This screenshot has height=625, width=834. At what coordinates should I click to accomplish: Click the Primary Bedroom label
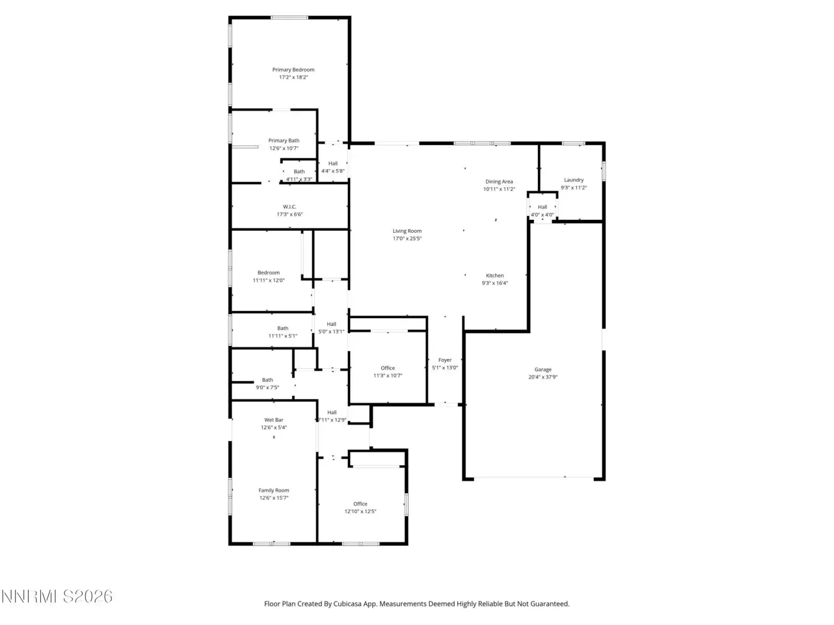click(293, 70)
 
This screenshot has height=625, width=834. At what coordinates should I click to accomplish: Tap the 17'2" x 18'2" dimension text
click(293, 78)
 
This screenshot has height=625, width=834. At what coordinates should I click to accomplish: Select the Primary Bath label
click(284, 141)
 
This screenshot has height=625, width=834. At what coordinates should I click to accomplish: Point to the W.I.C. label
click(289, 207)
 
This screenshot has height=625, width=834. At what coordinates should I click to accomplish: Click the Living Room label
click(407, 231)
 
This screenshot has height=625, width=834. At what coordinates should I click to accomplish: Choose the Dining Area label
click(499, 182)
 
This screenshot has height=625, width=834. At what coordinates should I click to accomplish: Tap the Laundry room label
click(573, 180)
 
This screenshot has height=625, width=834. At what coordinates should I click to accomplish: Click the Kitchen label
click(495, 276)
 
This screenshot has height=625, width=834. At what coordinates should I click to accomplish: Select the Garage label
click(543, 370)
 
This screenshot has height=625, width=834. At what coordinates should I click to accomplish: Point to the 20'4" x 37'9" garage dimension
click(543, 377)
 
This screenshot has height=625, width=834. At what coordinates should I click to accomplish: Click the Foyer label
click(445, 360)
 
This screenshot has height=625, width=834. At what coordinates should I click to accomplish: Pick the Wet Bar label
click(274, 420)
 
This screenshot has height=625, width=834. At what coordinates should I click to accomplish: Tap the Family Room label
click(274, 491)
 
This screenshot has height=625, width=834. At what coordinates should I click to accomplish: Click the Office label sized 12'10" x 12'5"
click(360, 504)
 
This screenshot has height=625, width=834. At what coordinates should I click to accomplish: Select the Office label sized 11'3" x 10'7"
click(388, 368)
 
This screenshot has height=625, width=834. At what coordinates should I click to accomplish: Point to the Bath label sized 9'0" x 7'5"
click(267, 380)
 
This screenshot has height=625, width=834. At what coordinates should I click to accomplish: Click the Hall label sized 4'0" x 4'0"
click(542, 207)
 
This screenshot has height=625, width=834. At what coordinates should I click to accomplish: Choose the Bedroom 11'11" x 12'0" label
click(268, 273)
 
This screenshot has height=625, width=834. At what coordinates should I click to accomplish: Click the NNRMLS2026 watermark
click(57, 596)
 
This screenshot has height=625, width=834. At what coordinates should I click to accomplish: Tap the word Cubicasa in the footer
click(348, 604)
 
